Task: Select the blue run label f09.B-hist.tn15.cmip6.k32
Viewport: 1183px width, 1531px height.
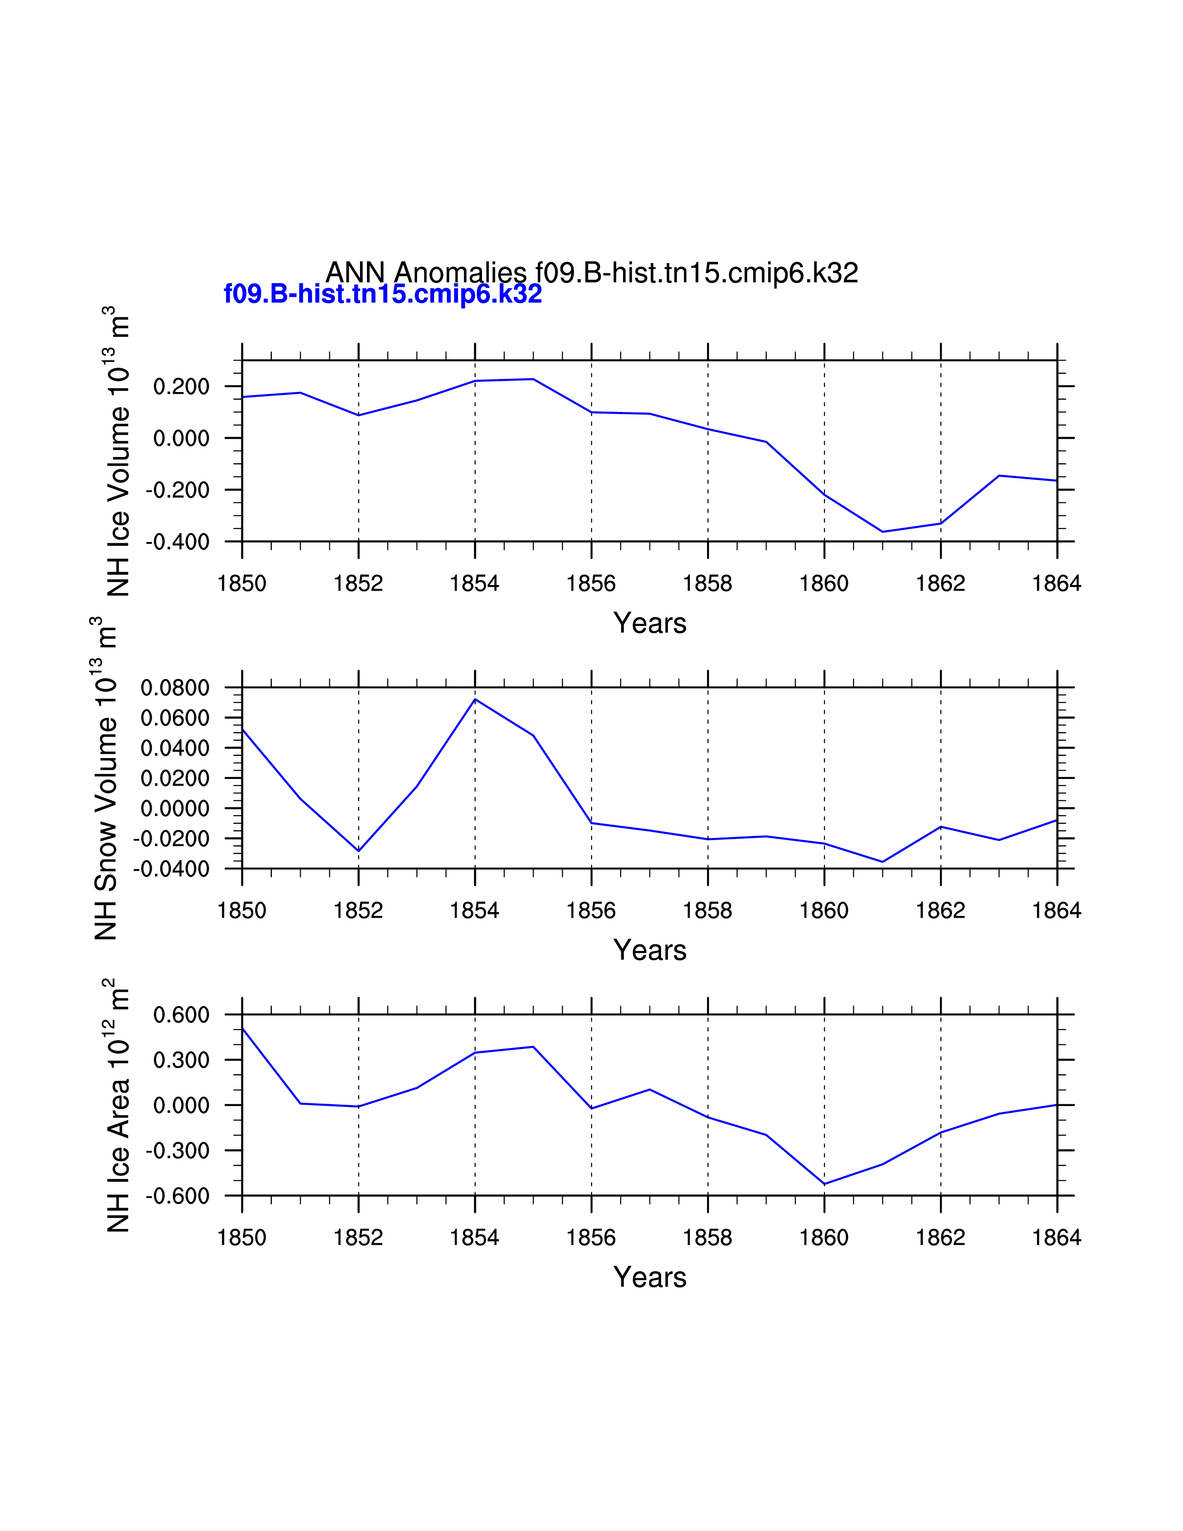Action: [x=383, y=294]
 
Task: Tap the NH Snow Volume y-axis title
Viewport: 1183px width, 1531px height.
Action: [x=105, y=778]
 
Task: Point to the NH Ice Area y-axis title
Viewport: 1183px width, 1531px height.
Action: [x=118, y=1106]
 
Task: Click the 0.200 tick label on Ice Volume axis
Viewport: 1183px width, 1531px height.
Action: [x=181, y=386]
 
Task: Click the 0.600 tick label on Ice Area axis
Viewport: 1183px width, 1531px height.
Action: [x=181, y=1014]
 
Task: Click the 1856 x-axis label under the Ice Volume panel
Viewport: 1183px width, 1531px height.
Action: [x=591, y=583]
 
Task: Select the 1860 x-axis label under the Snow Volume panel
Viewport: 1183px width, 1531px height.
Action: [x=823, y=911]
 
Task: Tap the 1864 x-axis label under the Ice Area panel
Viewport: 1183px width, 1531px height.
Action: [x=1056, y=1237]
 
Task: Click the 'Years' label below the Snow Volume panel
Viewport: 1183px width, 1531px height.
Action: [x=649, y=950]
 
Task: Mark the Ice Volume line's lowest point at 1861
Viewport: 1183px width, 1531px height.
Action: [x=882, y=531]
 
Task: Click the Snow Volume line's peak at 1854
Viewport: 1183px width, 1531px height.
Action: [x=475, y=699]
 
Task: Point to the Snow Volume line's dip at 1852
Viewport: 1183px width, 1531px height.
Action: [x=359, y=851]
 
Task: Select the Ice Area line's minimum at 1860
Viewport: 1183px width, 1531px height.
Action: [x=824, y=1184]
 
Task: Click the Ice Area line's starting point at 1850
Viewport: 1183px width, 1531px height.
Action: [x=243, y=1029]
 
